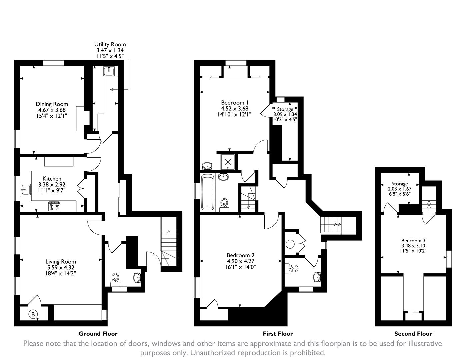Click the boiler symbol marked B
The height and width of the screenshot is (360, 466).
pos(33,314)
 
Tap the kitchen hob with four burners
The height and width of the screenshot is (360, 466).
pos(55,207)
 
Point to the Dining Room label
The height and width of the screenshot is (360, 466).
pos(52,104)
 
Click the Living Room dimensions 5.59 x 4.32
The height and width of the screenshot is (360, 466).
pos(61,267)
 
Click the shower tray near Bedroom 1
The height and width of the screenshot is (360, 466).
pos(229,162)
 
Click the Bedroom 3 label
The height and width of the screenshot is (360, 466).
pos(413,240)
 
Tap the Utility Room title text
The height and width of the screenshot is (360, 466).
pos(110,44)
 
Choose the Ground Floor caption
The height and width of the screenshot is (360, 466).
pos(98,333)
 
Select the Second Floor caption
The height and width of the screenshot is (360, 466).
pos(413,334)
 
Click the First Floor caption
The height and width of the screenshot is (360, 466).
pos(278,333)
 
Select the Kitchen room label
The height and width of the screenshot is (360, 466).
pos(52,179)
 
